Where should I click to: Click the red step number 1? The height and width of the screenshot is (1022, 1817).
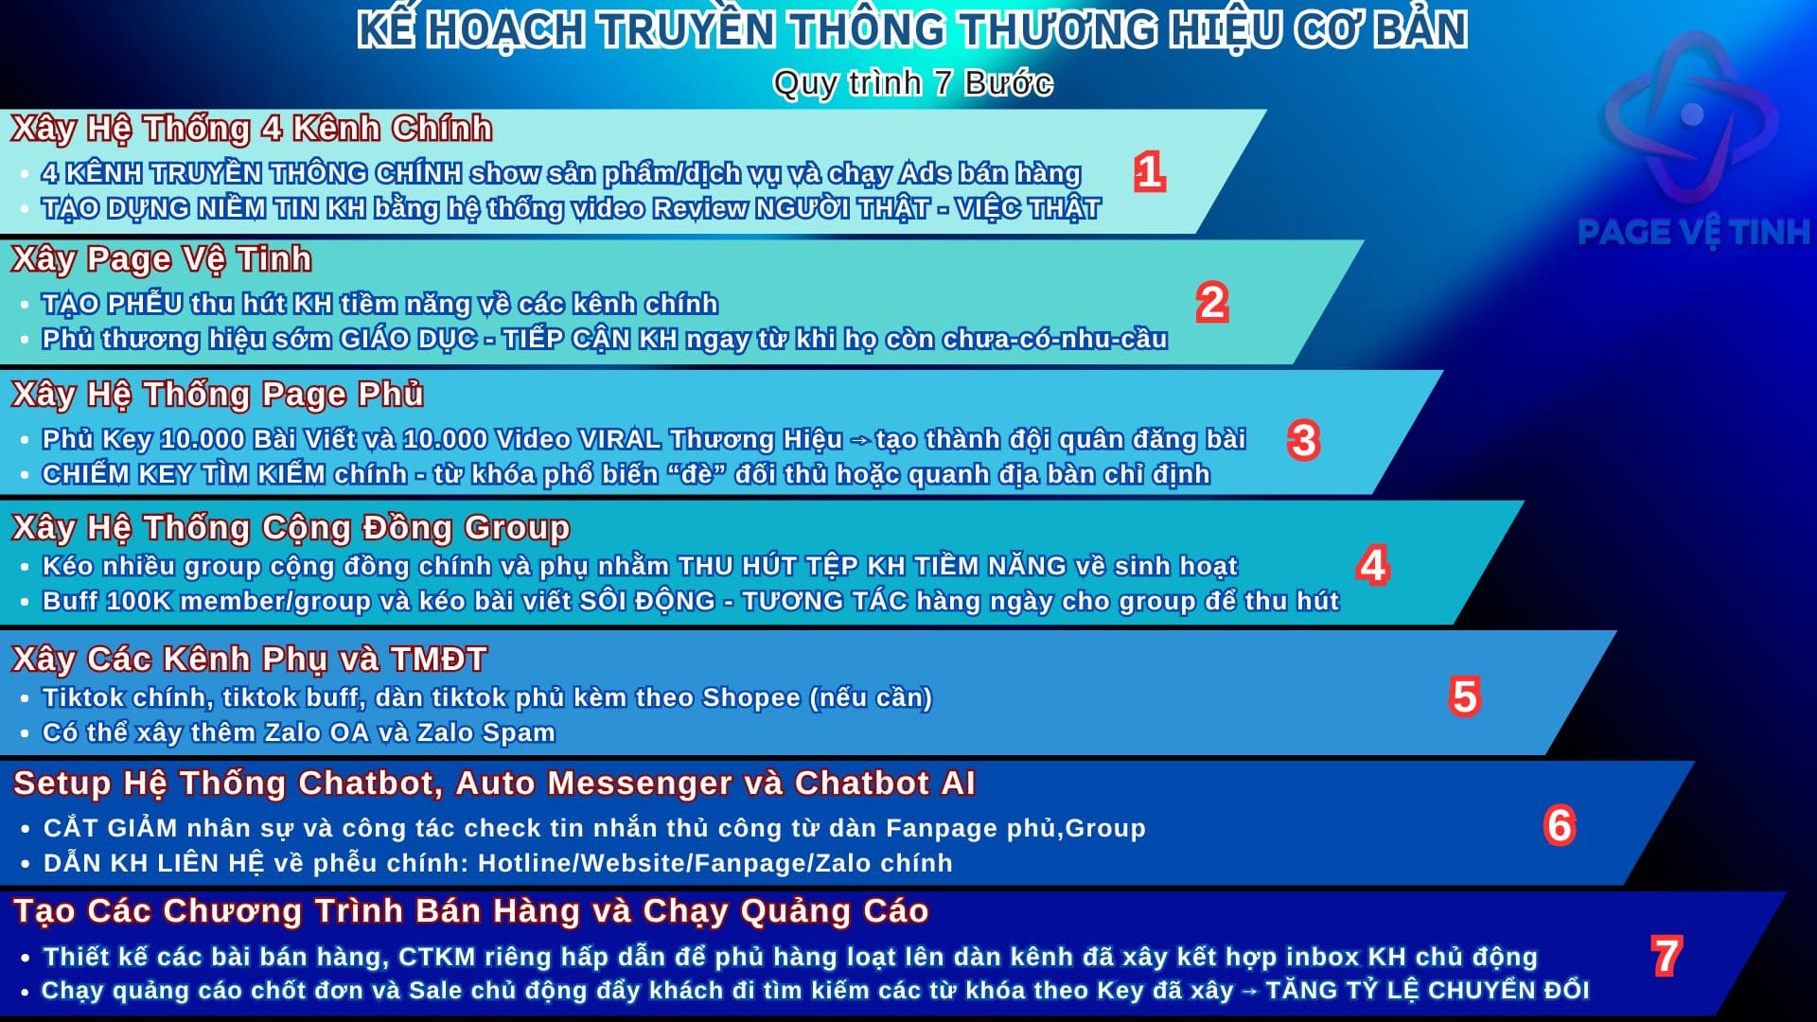point(1150,172)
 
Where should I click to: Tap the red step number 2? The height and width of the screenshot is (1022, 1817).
point(1212,303)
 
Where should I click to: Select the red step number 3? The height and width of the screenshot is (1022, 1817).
point(1303,440)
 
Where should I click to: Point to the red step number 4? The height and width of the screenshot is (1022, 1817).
point(1372,566)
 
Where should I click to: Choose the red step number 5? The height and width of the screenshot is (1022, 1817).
point(1465,696)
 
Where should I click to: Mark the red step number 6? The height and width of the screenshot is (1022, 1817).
point(1560,825)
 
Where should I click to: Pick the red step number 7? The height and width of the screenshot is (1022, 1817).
point(1667,956)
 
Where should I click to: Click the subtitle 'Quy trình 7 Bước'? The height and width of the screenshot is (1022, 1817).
point(913,83)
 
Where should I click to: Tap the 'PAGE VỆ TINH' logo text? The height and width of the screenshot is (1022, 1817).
point(1694,232)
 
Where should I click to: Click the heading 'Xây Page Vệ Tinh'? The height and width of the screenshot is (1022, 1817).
point(161,259)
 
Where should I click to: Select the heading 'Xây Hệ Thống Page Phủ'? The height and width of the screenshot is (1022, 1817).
point(218,394)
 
